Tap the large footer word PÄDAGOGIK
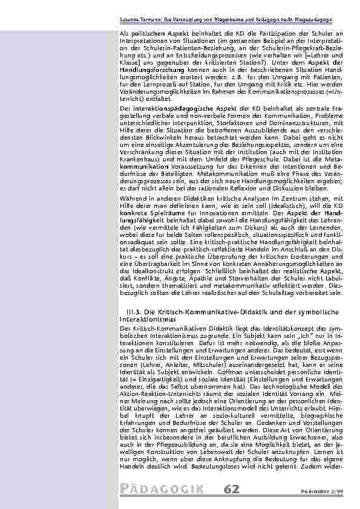(162, 489)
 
